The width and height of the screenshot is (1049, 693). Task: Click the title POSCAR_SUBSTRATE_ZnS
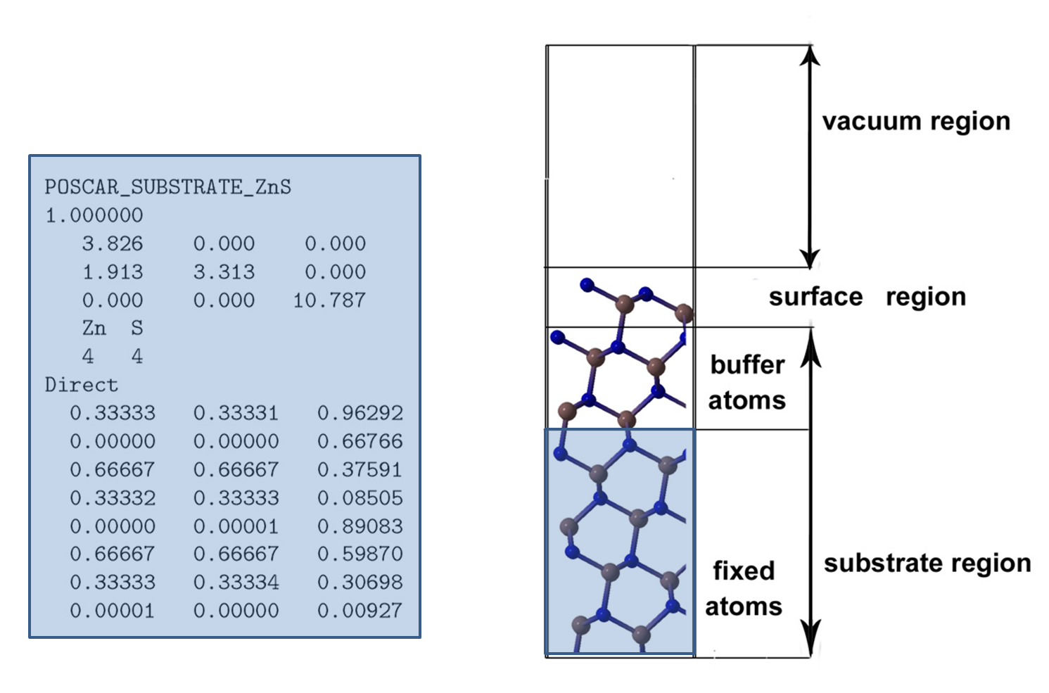167,187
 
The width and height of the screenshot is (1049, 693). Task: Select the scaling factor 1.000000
94,216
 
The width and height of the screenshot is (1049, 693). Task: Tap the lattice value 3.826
113,244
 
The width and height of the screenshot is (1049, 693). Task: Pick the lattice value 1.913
113,272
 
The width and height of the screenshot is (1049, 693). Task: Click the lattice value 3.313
224,272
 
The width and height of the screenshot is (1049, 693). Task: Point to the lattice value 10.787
329,300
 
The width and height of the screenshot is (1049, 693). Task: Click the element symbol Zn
94,329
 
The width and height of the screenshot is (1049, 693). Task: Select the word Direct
82,385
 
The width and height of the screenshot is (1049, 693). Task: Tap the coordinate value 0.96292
360,413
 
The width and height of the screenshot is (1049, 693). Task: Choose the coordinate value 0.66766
360,441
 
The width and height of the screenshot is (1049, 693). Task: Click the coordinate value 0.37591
360,470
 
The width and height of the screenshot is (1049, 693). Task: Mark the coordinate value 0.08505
360,497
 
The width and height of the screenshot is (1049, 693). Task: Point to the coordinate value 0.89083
360,526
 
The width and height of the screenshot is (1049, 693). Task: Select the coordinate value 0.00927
360,611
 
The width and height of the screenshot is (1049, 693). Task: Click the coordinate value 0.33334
236,583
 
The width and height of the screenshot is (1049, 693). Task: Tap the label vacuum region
917,122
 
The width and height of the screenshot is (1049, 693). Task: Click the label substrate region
927,564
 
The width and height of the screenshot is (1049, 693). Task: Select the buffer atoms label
747,383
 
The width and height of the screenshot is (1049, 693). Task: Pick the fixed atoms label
744,589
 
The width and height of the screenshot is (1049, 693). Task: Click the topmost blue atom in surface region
587,285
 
